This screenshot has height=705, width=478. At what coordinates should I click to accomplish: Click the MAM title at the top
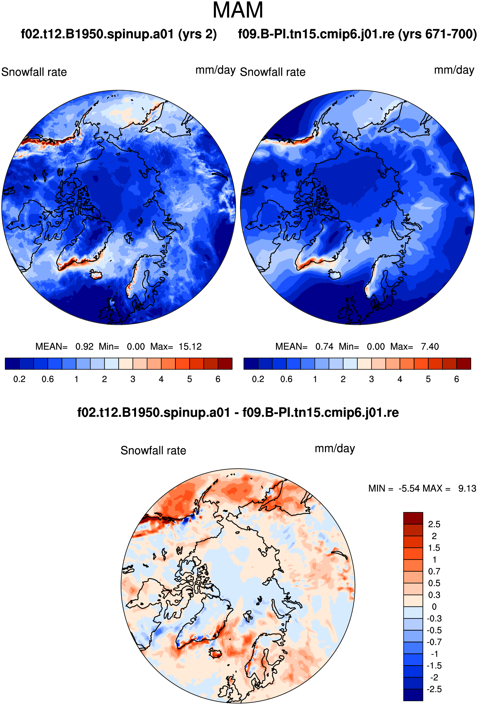[x=238, y=10]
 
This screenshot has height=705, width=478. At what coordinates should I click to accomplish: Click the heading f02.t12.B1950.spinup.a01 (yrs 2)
[x=119, y=34]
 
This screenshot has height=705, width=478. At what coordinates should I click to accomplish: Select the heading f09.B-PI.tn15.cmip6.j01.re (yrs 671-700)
[x=357, y=34]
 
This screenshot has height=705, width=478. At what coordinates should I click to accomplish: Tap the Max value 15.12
[x=190, y=346]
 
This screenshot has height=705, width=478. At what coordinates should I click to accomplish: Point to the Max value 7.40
[x=430, y=346]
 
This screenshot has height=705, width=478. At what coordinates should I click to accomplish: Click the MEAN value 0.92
[x=84, y=346]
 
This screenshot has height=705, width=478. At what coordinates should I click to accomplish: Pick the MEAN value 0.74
[x=324, y=346]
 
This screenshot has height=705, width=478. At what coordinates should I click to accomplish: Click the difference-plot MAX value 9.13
[x=467, y=488]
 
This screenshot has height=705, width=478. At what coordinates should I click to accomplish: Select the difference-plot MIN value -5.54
[x=409, y=488]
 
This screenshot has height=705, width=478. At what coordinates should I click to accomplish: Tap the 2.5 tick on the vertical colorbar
[x=434, y=524]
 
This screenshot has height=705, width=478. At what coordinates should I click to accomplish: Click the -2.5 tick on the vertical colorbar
[x=434, y=689]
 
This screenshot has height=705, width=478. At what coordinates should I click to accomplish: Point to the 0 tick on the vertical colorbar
[x=434, y=607]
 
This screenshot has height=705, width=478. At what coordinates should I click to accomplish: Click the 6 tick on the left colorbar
[x=218, y=379]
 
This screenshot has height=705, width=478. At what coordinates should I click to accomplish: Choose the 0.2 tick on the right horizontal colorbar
[x=258, y=379]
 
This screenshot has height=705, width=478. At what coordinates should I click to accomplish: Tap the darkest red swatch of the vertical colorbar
[x=413, y=518]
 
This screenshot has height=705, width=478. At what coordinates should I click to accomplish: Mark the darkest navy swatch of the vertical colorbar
[x=413, y=695]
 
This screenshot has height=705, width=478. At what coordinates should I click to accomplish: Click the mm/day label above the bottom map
[x=335, y=449]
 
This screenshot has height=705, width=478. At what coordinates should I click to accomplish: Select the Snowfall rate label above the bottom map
[x=153, y=450]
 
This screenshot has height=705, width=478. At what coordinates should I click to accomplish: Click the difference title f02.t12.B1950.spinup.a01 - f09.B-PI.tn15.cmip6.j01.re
[x=238, y=412]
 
